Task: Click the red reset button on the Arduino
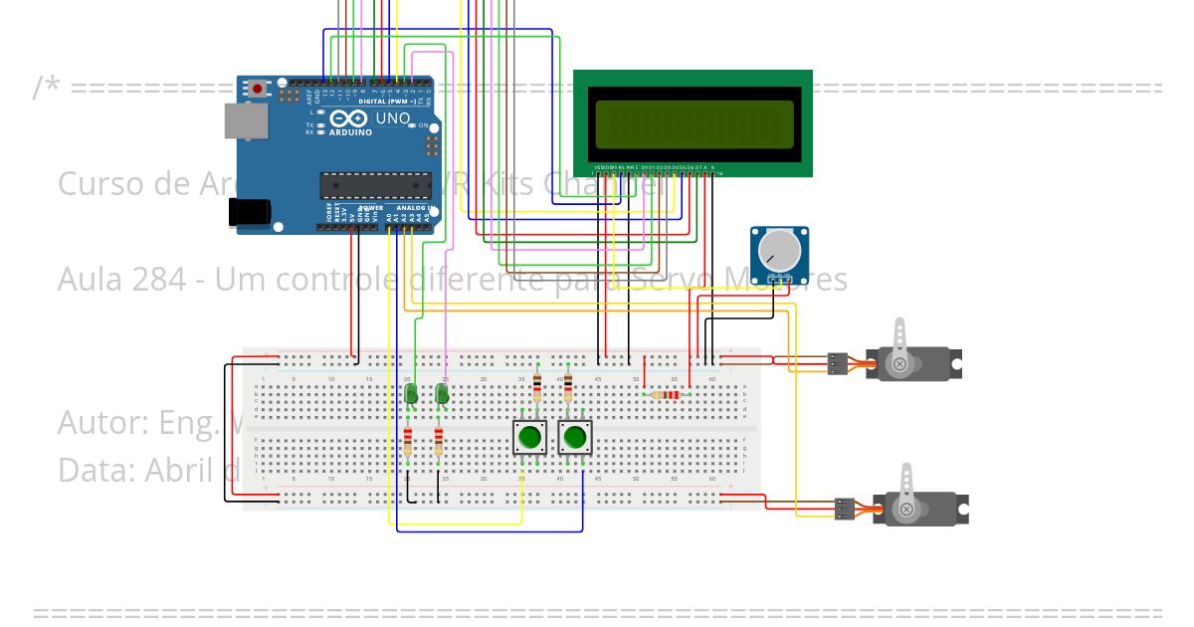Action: point(258,89)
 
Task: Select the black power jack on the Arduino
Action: point(249,212)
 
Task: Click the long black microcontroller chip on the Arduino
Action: point(375,185)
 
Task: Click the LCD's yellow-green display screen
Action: point(694,123)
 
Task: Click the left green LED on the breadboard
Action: point(410,394)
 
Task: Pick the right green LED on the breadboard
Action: point(442,394)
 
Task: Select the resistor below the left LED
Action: point(408,440)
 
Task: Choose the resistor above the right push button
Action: point(568,387)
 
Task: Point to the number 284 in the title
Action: point(161,280)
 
